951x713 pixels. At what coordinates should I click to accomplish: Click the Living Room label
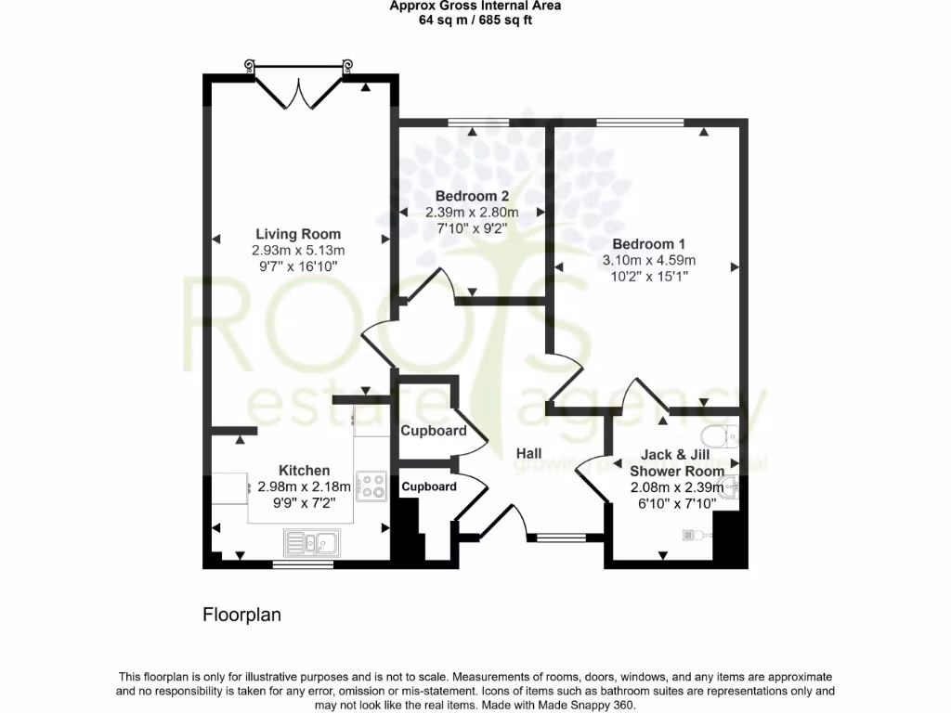[x=297, y=234]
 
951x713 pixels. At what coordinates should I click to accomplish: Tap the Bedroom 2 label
[x=472, y=196]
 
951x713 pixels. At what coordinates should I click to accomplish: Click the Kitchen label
[x=304, y=471]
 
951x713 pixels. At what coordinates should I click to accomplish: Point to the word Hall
[x=529, y=453]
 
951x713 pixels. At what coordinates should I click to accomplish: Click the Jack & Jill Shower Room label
[x=675, y=462]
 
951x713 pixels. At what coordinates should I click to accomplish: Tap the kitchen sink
[x=312, y=541]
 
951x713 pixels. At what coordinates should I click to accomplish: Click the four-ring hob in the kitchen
[x=372, y=485]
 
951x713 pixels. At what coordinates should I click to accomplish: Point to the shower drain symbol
[x=691, y=534]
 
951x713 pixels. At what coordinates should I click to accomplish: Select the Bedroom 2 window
[x=478, y=122]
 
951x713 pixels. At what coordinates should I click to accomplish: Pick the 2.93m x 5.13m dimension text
[x=297, y=251]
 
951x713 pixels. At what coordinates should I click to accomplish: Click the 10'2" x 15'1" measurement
[x=649, y=276]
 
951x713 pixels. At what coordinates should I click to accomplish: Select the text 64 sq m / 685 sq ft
[x=475, y=19]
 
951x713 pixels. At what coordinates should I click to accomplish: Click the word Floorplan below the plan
[x=241, y=615]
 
